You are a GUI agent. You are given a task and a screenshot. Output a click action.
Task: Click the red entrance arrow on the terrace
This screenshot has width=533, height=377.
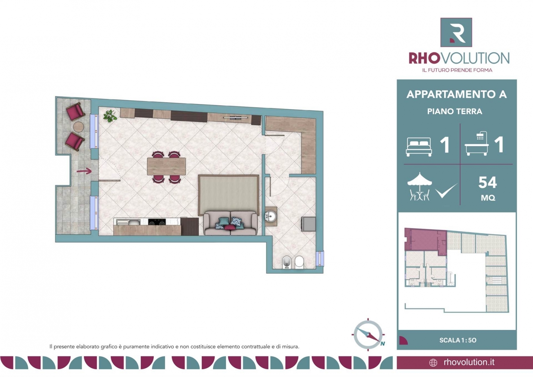coord(84,171)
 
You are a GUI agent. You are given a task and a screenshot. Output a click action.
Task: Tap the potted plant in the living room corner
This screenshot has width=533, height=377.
coord(110,116)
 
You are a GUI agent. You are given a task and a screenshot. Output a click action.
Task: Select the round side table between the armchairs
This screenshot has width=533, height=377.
coord(78,126)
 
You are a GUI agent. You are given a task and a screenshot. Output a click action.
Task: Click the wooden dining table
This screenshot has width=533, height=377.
coord(166,166)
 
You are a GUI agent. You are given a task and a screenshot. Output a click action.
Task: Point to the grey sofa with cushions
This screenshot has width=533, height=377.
coord(230,223)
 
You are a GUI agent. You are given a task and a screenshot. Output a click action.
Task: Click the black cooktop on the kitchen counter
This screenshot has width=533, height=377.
coord(157,222)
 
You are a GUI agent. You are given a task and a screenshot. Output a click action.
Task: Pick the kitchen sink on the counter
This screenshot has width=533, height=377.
coord(128,222)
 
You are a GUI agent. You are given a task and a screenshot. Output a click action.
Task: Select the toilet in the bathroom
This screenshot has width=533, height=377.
coord(299,262)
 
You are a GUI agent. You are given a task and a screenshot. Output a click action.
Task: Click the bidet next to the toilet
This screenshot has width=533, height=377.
coord(287,263)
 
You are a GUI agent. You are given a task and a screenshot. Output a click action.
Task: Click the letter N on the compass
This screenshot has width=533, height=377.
coord(383,344)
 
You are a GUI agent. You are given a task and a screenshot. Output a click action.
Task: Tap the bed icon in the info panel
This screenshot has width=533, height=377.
coord(419,147)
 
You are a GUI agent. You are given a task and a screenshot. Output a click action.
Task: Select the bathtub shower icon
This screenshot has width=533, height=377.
coord(477,144)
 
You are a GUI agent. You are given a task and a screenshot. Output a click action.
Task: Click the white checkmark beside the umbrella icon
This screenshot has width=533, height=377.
coord(446,191)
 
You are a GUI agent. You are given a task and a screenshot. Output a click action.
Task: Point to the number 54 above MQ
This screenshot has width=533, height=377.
coord(488,182)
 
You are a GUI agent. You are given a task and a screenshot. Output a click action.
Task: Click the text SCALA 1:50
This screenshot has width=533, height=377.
coord(458,340)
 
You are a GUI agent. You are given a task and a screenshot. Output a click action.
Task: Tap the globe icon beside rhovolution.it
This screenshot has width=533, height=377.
coord(433,363)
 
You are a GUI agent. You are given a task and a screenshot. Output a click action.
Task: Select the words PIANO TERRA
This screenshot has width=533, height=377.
coord(455,111)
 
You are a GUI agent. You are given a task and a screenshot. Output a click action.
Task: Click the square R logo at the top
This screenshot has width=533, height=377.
coord(456,32)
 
